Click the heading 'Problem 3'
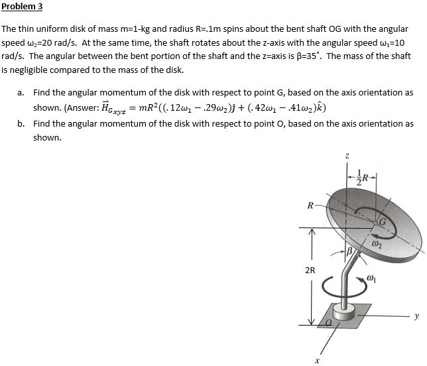[x=22, y=7]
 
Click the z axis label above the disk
[x=346, y=156]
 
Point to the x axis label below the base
[x=318, y=361]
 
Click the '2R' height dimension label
[x=310, y=270]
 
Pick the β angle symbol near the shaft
[x=351, y=252]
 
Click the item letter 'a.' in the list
[x=22, y=93]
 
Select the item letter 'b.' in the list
[x=22, y=124]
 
